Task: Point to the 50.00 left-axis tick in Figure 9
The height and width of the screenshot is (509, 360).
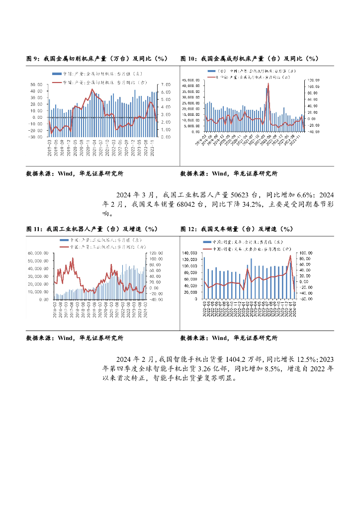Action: (x=36, y=85)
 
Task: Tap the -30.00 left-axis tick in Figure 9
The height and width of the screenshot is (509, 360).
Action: (x=35, y=137)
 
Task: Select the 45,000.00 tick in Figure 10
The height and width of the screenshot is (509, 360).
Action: (x=191, y=80)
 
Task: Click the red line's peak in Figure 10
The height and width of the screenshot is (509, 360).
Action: (x=268, y=84)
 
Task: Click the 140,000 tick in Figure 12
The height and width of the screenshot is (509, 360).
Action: (x=190, y=253)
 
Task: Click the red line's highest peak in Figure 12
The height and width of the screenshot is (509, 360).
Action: (x=291, y=256)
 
